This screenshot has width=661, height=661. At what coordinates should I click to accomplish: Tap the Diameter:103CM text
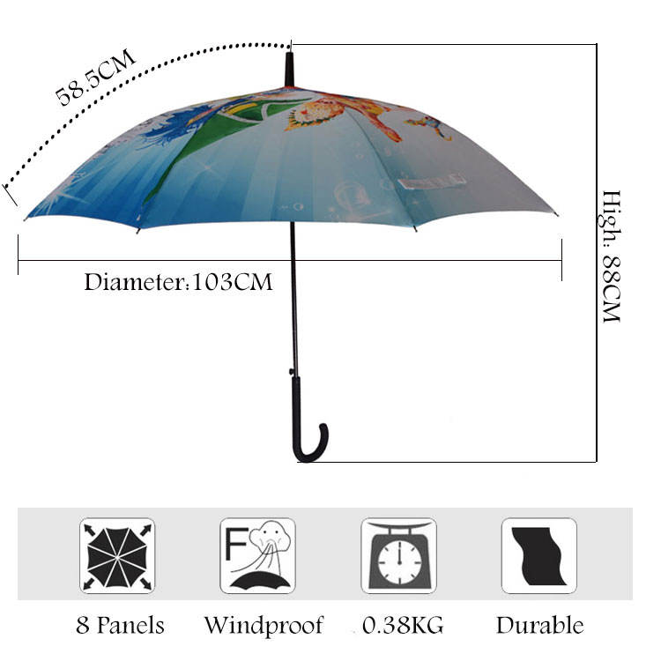click(x=178, y=283)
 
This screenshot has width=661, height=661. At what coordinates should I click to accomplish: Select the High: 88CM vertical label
click(x=612, y=256)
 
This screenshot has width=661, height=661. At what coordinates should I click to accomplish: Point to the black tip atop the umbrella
click(x=289, y=70)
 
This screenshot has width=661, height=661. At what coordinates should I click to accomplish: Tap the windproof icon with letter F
click(x=257, y=555)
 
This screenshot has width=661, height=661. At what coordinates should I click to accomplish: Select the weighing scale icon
click(x=398, y=555)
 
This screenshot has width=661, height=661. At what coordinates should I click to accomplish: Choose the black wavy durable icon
click(x=539, y=555)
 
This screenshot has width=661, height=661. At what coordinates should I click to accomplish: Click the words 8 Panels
click(x=120, y=626)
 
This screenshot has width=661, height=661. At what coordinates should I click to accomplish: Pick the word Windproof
click(x=264, y=626)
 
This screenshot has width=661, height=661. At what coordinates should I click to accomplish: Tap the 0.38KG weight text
click(x=404, y=626)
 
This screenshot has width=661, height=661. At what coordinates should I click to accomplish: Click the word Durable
click(x=539, y=626)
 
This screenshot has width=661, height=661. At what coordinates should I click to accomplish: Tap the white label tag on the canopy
click(x=431, y=182)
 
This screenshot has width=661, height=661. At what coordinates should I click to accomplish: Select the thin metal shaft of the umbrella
click(x=293, y=300)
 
